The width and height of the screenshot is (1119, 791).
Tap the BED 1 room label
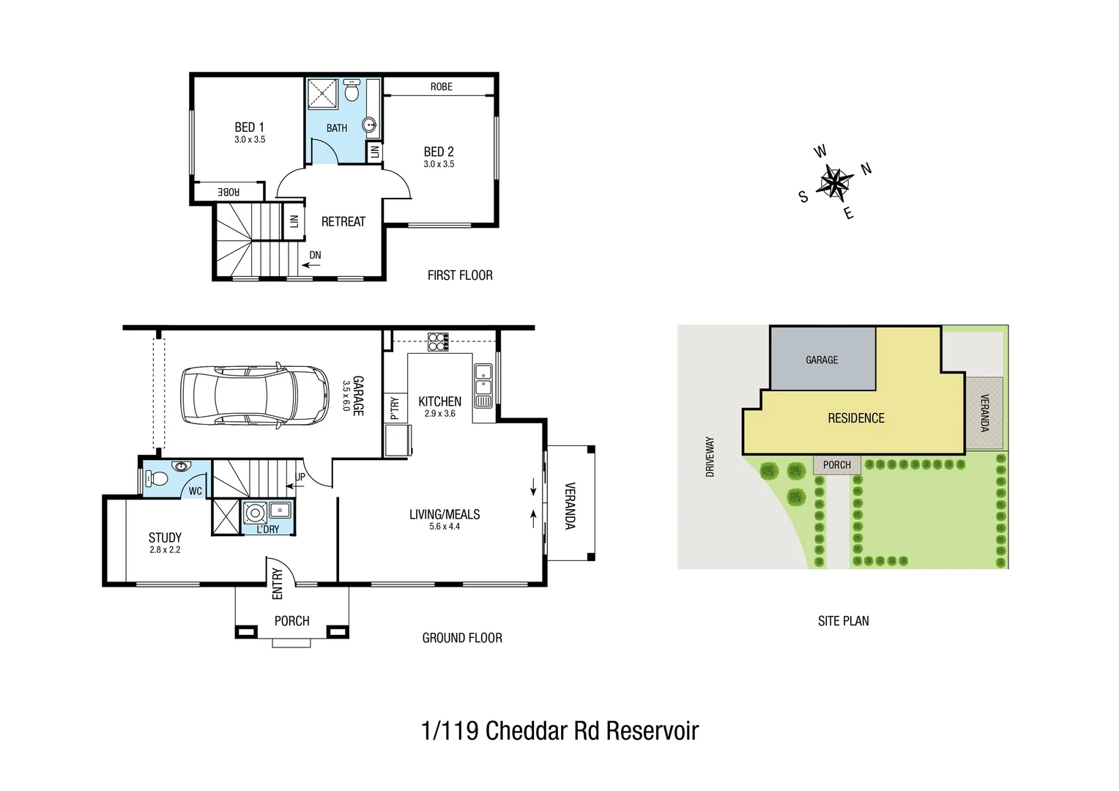pos(249,127)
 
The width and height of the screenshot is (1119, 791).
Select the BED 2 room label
pos(439,152)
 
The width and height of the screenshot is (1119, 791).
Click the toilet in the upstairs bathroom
pos(352,92)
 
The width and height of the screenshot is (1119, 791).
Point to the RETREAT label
pos(343,222)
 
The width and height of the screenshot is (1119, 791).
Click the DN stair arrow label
pos(315,256)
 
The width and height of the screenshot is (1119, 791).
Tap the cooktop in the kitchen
pos(438,342)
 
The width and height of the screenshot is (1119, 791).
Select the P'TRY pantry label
pos(395,407)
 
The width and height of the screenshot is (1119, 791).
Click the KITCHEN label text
pos(439,401)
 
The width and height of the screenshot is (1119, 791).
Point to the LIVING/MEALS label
pos(445,515)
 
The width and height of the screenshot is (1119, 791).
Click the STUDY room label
pos(165,538)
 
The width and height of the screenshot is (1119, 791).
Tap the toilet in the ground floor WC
pos(157,479)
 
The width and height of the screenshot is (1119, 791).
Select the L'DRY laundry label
pos(268,529)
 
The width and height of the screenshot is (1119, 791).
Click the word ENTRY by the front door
pos(277,584)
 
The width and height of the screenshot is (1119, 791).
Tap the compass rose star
pos(834,182)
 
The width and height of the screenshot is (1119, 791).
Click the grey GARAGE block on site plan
pos(822,360)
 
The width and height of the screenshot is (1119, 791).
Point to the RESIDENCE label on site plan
pos(856,418)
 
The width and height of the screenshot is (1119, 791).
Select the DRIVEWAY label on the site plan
pos(710,457)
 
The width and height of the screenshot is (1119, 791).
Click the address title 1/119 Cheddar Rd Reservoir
pos(559,731)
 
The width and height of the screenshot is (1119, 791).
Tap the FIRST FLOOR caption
pos(460,275)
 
